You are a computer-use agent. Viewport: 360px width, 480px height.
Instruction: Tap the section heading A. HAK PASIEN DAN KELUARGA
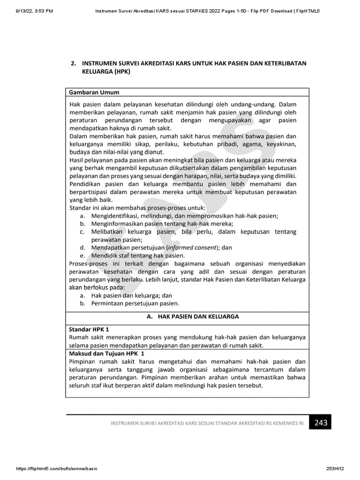tap(193, 316)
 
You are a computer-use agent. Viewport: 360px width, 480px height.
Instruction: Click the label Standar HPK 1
tap(89, 330)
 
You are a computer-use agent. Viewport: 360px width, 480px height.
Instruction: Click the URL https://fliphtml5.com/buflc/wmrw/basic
tap(57, 469)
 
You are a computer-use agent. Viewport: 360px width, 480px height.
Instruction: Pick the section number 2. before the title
tap(74, 63)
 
